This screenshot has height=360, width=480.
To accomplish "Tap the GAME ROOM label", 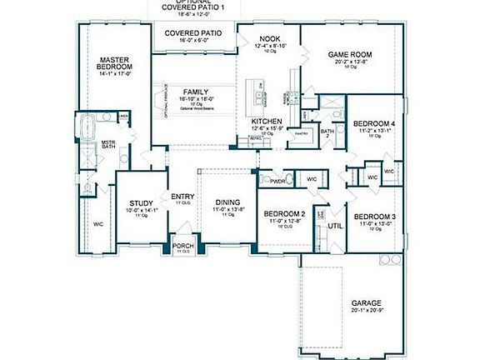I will tap(348, 55).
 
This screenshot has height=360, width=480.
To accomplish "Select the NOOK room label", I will tap(268, 38).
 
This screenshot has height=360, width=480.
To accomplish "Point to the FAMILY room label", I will tap(197, 91).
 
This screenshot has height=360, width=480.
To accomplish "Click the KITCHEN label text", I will tap(267, 122).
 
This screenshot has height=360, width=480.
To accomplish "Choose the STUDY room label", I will tap(139, 203).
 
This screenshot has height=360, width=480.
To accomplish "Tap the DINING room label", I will tap(227, 203).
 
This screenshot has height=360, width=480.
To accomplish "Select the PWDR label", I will tap(279, 179).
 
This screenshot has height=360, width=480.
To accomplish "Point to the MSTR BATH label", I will tap(107, 146).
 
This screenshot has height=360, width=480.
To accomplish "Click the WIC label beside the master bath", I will tap(97, 223).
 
